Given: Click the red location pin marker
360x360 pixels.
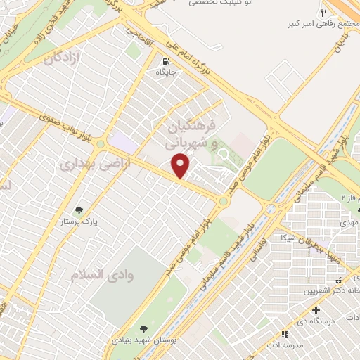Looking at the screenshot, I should [181, 166].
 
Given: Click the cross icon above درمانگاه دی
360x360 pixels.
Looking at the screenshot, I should [316, 310].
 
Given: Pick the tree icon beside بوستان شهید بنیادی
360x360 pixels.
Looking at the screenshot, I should [143, 329].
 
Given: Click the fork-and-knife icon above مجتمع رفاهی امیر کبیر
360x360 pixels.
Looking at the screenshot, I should [323, 13].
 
